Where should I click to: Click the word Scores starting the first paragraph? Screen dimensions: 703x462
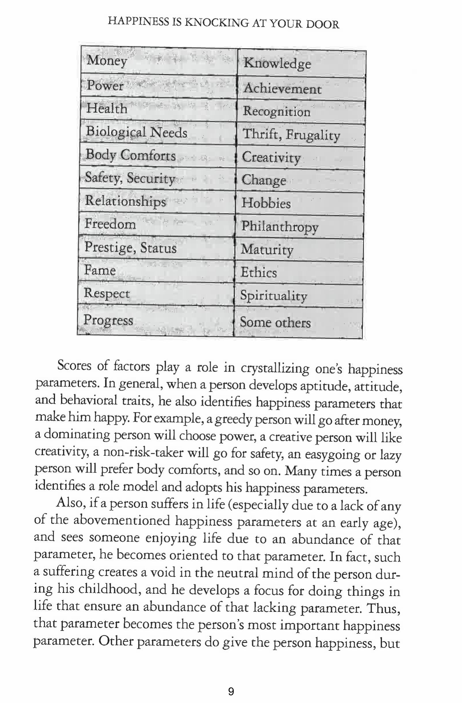coord(74,366)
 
